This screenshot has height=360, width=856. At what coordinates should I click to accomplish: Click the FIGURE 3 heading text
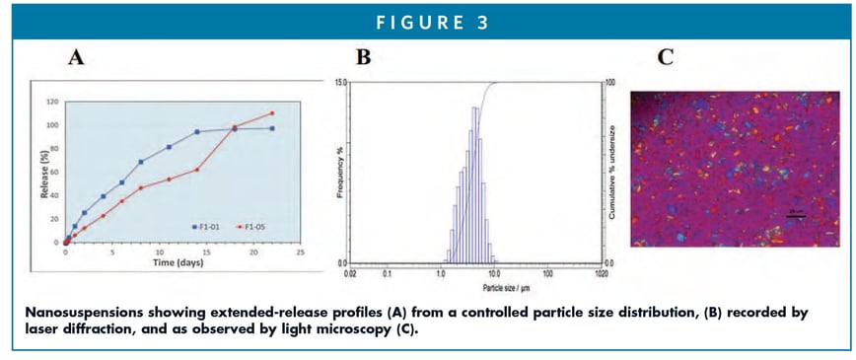click(x=427, y=23)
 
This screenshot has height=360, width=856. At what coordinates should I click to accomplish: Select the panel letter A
click(x=74, y=58)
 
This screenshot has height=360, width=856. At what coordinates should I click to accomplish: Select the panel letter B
click(x=363, y=58)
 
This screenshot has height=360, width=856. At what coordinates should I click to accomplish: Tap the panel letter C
click(x=666, y=58)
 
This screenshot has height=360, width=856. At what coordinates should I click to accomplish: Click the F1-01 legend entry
click(x=208, y=226)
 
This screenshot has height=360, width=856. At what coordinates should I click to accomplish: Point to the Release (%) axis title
click(x=43, y=173)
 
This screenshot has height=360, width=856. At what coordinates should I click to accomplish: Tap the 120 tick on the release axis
click(x=53, y=102)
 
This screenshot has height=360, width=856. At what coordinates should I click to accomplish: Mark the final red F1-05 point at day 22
click(x=272, y=112)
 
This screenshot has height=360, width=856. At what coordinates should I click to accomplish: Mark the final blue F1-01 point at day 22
click(x=272, y=128)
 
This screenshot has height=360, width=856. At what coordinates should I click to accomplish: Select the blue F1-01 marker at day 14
click(x=196, y=131)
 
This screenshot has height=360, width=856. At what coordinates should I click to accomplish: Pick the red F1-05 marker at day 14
click(x=196, y=170)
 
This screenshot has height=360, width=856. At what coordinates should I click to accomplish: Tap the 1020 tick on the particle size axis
click(x=601, y=271)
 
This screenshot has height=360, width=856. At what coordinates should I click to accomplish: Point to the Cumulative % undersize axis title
click(x=613, y=173)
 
